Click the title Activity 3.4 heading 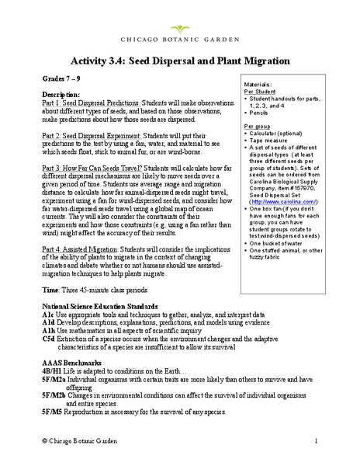(180, 60)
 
